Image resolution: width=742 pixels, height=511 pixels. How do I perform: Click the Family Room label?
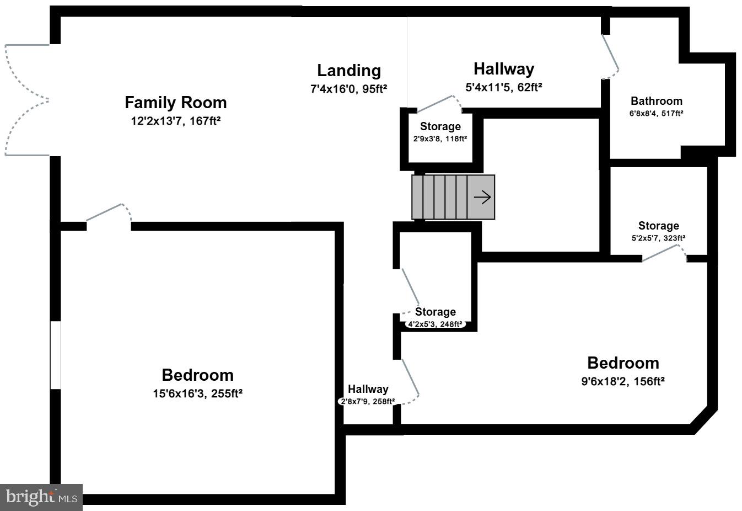coord(175,103)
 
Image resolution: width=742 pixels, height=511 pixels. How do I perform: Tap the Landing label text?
coord(348,71)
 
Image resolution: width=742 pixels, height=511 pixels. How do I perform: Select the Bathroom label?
coord(656,101)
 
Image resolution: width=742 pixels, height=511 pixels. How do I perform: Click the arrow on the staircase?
coord(482,197)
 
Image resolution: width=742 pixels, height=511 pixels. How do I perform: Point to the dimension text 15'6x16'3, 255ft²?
coord(197,393)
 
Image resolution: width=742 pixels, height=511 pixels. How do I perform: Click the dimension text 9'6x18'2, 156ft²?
coord(623,381)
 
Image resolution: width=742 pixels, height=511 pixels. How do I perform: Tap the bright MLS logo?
coord(41,497)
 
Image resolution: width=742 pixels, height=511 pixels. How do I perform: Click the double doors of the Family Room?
coord(26,100)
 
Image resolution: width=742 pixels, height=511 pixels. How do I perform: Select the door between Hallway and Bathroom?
coord(610,57)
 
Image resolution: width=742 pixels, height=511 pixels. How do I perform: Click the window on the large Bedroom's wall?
coord(55,355)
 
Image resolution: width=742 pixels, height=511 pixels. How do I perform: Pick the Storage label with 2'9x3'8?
coord(440,126)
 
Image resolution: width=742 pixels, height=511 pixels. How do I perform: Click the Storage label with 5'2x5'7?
coord(658,226)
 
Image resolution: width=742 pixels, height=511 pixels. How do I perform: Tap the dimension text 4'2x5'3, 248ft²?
coord(435,324)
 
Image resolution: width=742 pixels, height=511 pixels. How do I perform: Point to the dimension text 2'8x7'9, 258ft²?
coord(367,402)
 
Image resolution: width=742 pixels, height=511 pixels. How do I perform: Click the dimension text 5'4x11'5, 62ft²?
coord(503,87)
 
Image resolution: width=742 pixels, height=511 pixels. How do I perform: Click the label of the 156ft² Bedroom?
coord(623,363)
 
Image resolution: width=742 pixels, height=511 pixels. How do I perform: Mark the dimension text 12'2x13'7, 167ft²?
coord(175,121)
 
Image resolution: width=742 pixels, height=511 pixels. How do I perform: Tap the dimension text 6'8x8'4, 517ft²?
coord(656,114)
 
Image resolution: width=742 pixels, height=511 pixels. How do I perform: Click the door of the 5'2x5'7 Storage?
coord(664,253)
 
